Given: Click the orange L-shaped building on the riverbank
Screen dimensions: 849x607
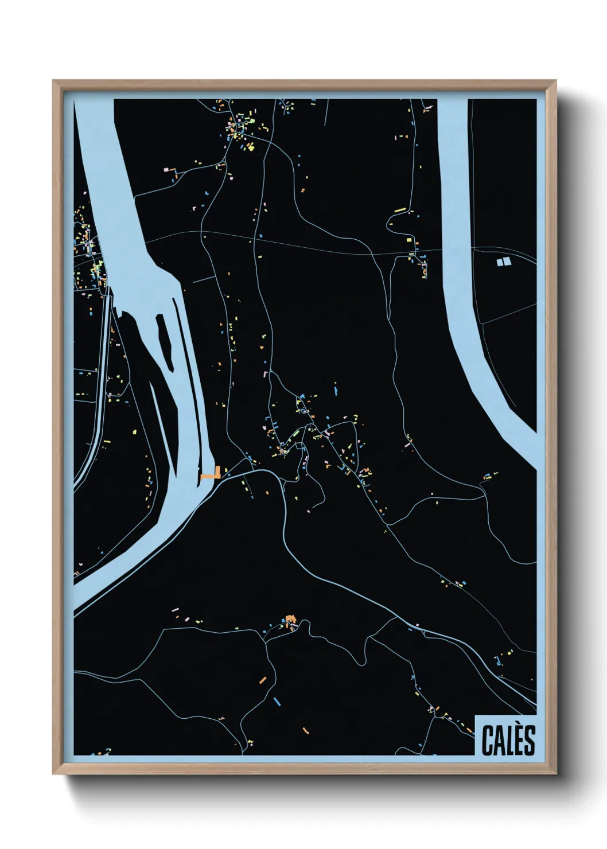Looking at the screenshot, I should point(212,474).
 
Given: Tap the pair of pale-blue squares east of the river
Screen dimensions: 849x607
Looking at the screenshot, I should point(503,262).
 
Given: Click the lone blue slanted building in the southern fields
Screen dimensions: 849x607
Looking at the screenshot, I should point(277,701).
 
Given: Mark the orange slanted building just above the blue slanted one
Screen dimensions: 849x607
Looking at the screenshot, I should point(263,680).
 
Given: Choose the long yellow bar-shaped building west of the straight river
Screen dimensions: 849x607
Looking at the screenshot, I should point(400,211).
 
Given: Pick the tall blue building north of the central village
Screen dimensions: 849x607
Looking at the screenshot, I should point(336,392).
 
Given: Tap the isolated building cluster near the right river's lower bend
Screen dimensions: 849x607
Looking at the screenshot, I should point(489,476).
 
